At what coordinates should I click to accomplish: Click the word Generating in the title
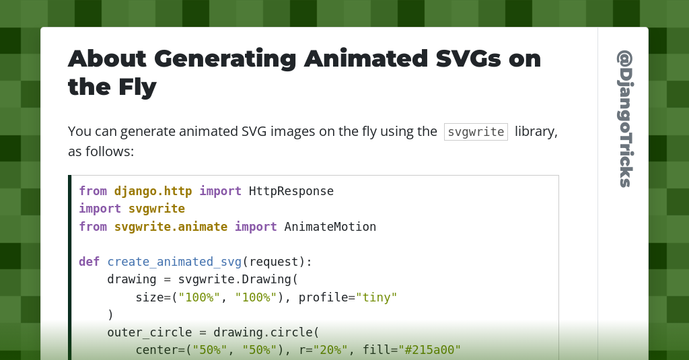(x=225, y=59)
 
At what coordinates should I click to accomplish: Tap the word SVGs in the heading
(x=468, y=59)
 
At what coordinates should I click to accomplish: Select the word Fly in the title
(x=137, y=87)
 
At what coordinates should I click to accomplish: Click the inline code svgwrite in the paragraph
(x=476, y=132)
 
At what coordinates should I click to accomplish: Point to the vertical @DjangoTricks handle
(x=625, y=118)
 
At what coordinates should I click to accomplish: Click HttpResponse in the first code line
(x=291, y=191)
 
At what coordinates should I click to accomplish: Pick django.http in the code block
(x=153, y=191)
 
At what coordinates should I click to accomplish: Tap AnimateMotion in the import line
(x=330, y=227)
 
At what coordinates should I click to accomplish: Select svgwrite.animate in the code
(x=171, y=227)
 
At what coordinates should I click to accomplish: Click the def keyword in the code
(x=89, y=262)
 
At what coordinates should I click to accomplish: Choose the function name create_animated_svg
(x=174, y=262)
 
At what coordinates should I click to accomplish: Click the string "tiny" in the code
(x=377, y=297)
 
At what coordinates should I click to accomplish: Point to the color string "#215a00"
(x=430, y=350)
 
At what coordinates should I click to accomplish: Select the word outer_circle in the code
(x=149, y=332)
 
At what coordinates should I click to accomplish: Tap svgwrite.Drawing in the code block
(x=235, y=279)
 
